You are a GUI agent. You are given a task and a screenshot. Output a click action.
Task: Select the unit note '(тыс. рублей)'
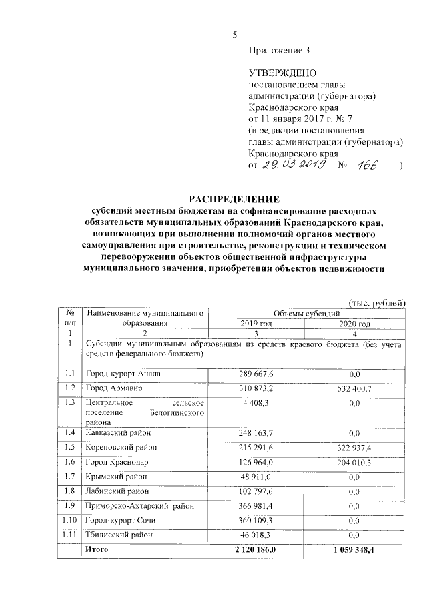click(x=376, y=302)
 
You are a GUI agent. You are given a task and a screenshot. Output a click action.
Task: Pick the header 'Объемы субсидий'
click(x=306, y=313)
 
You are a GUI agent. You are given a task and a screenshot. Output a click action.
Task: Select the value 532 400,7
click(x=354, y=388)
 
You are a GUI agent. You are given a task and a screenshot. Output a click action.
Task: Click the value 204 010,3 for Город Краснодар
click(x=354, y=463)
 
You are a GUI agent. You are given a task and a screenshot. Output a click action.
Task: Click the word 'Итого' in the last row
click(x=97, y=549)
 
